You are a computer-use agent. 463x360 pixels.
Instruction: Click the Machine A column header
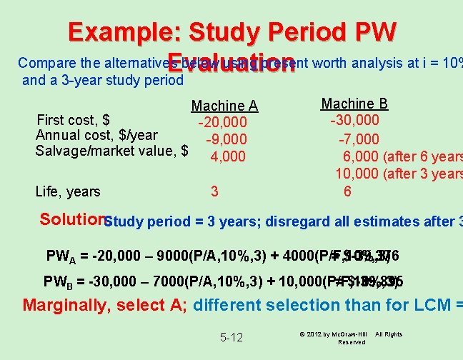pyautogui.click(x=224, y=106)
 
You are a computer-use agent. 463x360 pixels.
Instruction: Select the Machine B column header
pyautogui.click(x=354, y=104)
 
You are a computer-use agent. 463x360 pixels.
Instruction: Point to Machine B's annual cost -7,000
pyautogui.click(x=359, y=139)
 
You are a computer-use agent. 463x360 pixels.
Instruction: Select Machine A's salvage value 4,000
pyautogui.click(x=228, y=156)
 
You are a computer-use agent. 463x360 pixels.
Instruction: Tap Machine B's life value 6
pyautogui.click(x=347, y=191)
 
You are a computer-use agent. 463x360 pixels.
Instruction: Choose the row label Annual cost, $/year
pyautogui.click(x=96, y=135)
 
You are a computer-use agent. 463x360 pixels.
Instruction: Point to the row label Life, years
pyautogui.click(x=68, y=191)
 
